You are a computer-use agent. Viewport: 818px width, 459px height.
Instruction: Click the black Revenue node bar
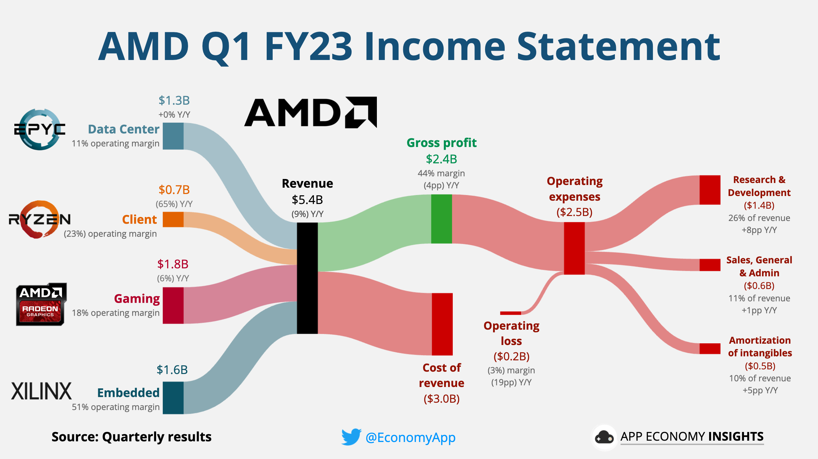tap(307, 278)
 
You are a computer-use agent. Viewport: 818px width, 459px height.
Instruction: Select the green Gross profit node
tap(441, 219)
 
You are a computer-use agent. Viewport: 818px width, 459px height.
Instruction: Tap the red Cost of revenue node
tap(442, 324)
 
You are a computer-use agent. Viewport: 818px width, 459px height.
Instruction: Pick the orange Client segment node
tap(173, 220)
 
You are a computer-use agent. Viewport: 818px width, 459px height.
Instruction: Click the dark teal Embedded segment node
tap(173, 398)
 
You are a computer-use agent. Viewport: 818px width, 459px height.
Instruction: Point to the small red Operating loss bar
tap(510, 313)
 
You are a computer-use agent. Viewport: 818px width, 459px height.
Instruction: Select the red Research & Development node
tap(709, 190)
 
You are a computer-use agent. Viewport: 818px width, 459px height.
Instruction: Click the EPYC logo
tap(40, 129)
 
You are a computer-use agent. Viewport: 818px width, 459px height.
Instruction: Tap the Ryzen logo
tap(39, 219)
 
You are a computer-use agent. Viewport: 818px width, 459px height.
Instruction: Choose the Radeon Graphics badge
tap(41, 305)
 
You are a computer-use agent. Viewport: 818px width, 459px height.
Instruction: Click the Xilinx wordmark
tap(41, 391)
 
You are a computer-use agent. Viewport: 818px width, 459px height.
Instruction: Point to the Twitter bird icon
tap(351, 437)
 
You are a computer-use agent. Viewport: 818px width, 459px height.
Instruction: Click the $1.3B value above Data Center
tap(174, 100)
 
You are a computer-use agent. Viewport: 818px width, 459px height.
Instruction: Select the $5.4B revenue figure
tap(307, 200)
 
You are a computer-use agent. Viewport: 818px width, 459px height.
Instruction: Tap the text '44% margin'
tap(441, 173)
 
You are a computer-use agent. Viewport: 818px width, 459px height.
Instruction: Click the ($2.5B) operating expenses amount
tap(574, 212)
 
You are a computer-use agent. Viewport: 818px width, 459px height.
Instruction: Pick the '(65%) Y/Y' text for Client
tap(174, 204)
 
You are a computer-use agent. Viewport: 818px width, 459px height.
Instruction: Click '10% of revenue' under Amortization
tap(760, 378)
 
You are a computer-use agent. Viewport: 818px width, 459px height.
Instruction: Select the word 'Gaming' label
tap(137, 299)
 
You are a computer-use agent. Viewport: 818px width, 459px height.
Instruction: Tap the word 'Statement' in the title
tap(618, 47)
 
